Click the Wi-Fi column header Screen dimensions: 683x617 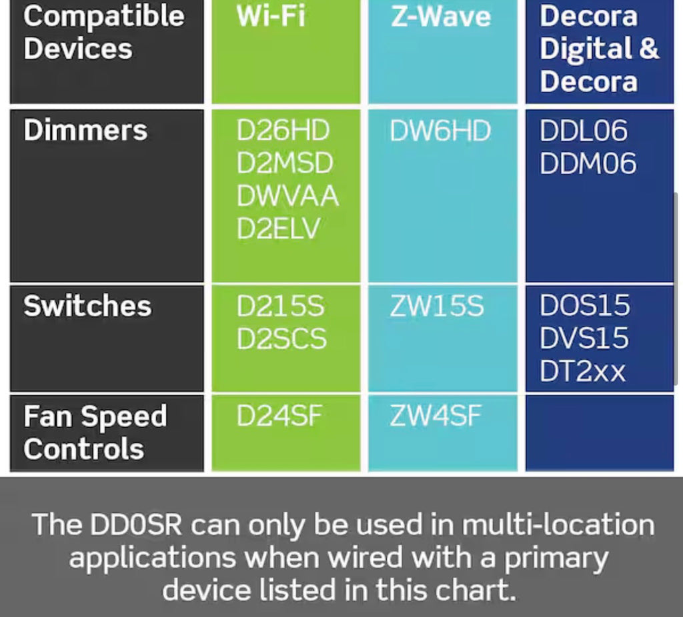(271, 17)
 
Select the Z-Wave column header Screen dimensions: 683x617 (441, 17)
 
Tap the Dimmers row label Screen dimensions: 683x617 (85, 130)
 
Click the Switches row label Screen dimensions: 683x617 (87, 305)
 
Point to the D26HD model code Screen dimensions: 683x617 (283, 130)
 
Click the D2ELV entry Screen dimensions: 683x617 (278, 228)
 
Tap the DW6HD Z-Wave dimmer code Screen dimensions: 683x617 (440, 130)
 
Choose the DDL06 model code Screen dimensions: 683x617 (584, 130)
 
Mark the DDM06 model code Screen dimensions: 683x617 (588, 163)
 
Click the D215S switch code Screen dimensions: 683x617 (281, 306)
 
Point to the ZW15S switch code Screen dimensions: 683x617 (437, 306)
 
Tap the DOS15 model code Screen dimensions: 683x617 (584, 305)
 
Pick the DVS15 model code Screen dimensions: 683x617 (584, 338)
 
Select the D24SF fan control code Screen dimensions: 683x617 (279, 416)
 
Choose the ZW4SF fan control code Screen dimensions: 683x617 (436, 416)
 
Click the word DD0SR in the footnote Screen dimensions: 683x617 (135, 524)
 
